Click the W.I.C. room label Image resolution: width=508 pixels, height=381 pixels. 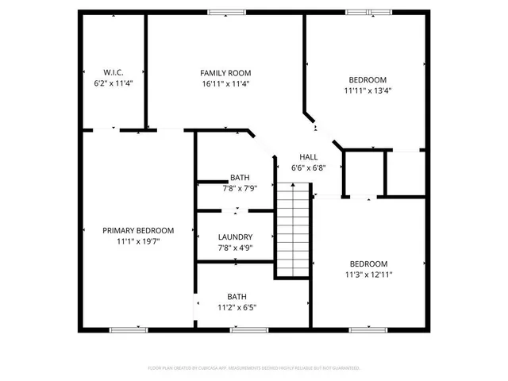(x=114, y=72)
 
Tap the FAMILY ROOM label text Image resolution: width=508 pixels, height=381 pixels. (x=225, y=72)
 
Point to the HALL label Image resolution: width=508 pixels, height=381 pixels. (x=309, y=157)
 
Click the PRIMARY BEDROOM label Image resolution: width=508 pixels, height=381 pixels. (x=138, y=230)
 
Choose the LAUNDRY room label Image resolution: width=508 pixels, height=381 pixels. (x=236, y=237)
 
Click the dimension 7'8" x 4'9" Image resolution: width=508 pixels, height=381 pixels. (x=236, y=247)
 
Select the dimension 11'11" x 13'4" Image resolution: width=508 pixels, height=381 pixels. (x=368, y=90)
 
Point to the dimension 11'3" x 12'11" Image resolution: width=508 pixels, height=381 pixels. (x=368, y=275)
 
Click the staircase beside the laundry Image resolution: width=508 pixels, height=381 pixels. (x=292, y=230)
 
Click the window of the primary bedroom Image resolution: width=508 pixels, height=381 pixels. (x=129, y=329)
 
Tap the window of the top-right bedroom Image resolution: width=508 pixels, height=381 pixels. (x=368, y=12)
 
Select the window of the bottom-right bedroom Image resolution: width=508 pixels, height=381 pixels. (x=368, y=329)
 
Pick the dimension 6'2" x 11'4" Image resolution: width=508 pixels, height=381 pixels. (x=114, y=83)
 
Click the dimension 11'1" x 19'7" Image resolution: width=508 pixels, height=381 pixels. (x=138, y=241)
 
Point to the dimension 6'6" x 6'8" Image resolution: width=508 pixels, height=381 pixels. (x=309, y=167)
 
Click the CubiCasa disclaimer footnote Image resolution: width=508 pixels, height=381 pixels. (x=254, y=368)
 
